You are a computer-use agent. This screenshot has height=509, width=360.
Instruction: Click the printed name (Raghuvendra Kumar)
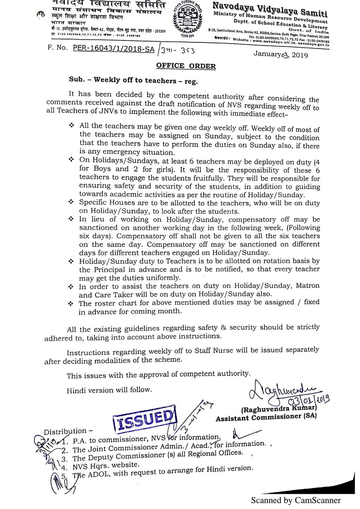(x=277, y=410)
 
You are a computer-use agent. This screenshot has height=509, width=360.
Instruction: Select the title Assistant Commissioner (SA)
(x=266, y=418)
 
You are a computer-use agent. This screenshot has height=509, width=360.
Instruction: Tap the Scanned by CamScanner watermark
(x=296, y=500)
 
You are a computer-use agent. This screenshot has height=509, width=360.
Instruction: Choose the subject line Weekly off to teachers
(x=133, y=80)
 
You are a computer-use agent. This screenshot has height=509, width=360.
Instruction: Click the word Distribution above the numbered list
(x=65, y=431)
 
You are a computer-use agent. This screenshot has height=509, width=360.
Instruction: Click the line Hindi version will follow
(x=109, y=389)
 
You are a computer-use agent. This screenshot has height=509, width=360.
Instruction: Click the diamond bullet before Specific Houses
(x=72, y=203)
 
